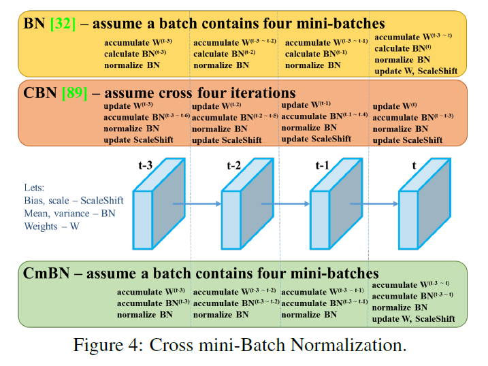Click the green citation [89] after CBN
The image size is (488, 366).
pos(74,93)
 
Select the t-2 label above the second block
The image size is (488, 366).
pos(235,164)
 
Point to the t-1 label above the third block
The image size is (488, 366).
pos(322,164)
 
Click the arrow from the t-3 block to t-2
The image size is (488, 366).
pos(197,203)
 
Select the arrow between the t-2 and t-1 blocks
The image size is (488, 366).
pos(285,203)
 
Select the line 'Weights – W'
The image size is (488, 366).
pos(51,226)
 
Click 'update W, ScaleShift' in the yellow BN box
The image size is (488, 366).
pos(419,71)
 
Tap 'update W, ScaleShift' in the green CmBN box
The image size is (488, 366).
pos(417,319)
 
